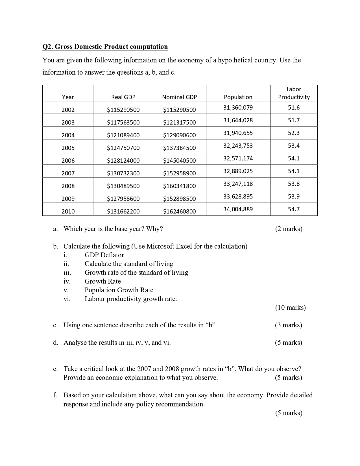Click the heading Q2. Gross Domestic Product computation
pos(105,47)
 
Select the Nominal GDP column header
pos(179,97)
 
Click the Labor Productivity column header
pos(294,93)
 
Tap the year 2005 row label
pos(68,148)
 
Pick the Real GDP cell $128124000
pos(123,161)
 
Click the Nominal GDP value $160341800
pos(179,186)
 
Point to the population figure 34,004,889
pos(238,209)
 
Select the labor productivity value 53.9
pos(294,197)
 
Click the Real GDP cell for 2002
pos(123,110)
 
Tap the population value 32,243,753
pos(238,146)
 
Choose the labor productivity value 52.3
pos(294,133)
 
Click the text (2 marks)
pos(289,229)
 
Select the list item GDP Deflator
pos(104,255)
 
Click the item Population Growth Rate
pos(119,290)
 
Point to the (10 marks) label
pos(290,308)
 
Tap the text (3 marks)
pos(288,325)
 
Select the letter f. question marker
pos(55,395)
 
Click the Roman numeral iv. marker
pos(67,281)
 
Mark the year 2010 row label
pos(68,212)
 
